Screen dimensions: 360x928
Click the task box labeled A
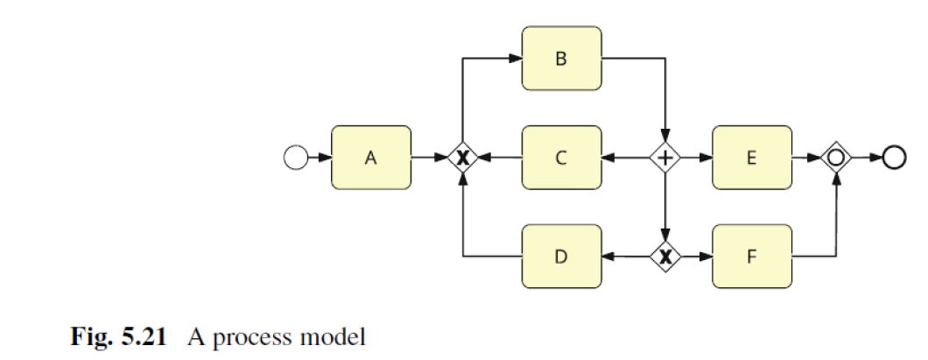pos(370,158)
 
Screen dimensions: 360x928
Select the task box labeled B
pos(561,59)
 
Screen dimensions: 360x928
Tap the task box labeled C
pos(561,158)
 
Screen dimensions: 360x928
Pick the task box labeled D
pos(561,257)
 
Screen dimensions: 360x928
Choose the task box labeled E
pos(752,158)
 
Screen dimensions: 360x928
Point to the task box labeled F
pos(752,257)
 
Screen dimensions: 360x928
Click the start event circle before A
pos(297,158)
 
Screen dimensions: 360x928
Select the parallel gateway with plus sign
pos(666,158)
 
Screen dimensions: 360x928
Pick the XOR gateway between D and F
pos(666,257)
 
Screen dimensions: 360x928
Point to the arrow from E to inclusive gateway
pos(806,158)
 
